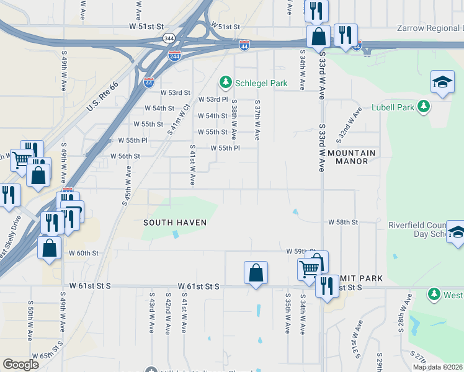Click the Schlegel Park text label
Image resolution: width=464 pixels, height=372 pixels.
click(261, 83)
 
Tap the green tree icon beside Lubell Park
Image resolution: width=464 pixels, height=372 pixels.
click(424, 107)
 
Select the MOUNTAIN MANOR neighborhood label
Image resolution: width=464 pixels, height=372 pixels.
click(352, 157)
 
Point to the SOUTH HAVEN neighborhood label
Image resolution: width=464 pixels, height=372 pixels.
click(174, 222)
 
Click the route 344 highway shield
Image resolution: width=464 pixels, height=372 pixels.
click(169, 38)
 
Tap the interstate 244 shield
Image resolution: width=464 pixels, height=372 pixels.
click(174, 56)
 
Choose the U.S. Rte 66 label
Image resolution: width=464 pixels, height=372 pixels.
click(102, 98)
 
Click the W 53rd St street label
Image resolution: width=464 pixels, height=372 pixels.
click(175, 92)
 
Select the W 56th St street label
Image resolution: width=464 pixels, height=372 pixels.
click(125, 156)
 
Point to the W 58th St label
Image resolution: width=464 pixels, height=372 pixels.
click(344, 222)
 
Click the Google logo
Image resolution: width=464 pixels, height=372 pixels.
click(21, 365)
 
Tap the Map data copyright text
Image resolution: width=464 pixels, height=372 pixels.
click(437, 367)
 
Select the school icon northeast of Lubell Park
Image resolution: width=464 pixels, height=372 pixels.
click(442, 82)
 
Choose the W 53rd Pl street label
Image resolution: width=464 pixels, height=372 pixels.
click(213, 99)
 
